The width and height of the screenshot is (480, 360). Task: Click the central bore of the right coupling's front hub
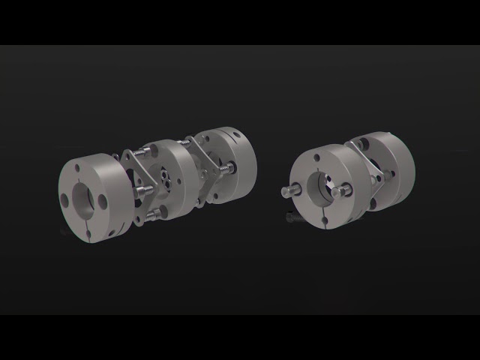324,185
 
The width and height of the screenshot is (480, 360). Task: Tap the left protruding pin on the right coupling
289,191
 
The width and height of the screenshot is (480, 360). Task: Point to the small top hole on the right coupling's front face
316,158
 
